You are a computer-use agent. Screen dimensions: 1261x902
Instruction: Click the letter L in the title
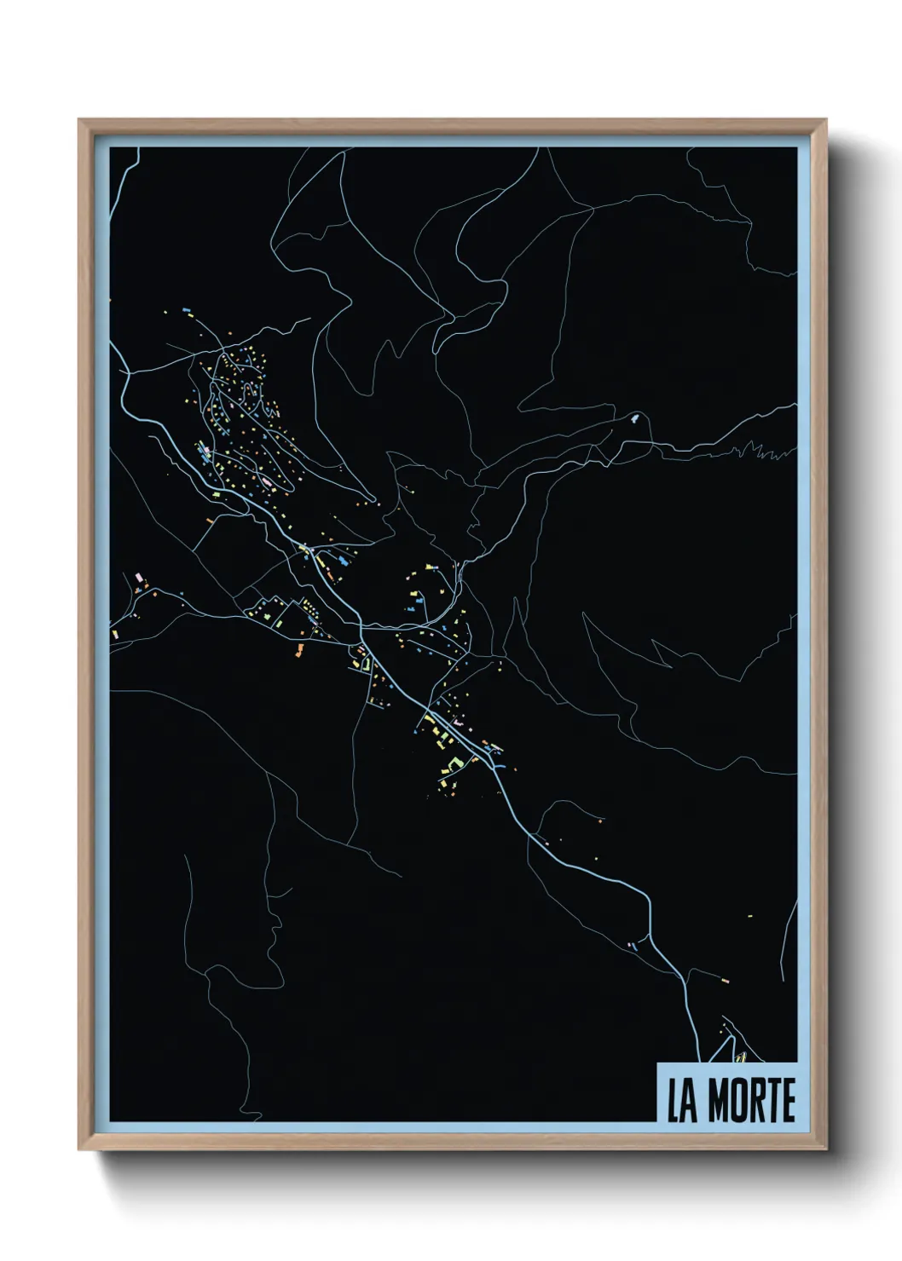[x=673, y=1101]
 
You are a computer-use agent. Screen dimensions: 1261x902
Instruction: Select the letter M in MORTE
[x=717, y=1101]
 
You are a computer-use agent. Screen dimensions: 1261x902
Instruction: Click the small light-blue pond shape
[x=635, y=417]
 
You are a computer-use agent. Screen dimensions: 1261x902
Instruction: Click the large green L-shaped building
[x=454, y=761]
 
